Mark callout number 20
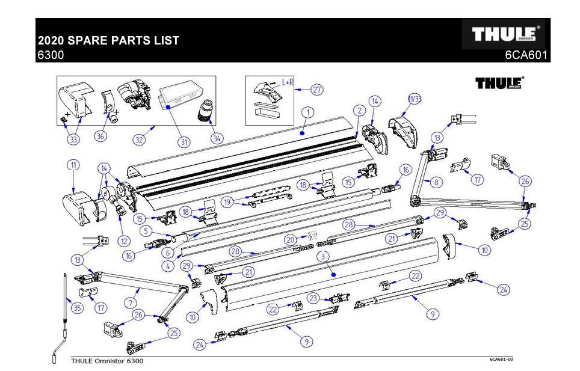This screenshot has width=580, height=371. click(291, 239)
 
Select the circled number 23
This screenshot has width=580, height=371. click(313, 297)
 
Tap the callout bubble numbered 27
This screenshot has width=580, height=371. click(317, 90)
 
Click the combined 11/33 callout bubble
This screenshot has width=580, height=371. click(415, 99)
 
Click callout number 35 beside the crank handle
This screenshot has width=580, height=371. click(76, 308)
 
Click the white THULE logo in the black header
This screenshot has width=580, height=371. click(504, 35)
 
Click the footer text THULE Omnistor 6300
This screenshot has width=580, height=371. click(107, 361)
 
